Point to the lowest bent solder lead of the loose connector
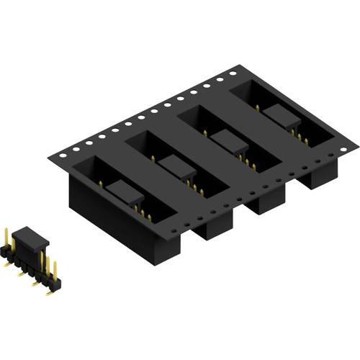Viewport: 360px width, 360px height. pyautogui.click(x=48, y=292)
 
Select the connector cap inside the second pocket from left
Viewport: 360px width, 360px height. pyautogui.click(x=177, y=166)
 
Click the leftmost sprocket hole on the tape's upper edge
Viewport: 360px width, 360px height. pyautogui.click(x=64, y=153)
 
